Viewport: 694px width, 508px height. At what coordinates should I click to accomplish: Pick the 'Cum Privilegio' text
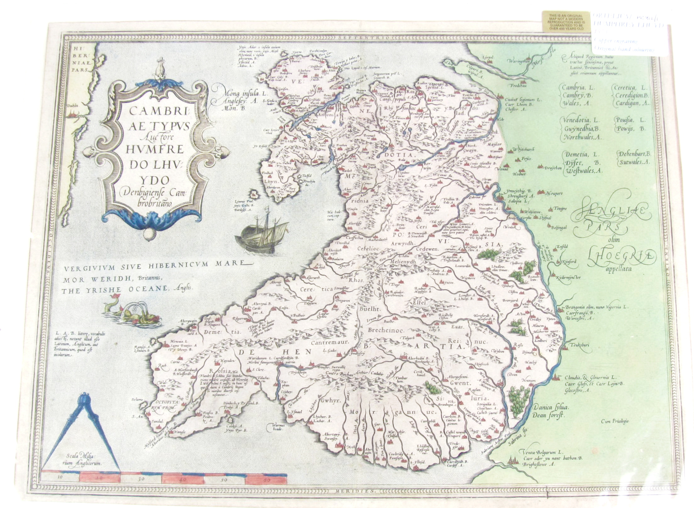pyautogui.click(x=614, y=422)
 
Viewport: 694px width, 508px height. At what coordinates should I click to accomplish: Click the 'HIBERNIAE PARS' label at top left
pyautogui.click(x=79, y=58)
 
